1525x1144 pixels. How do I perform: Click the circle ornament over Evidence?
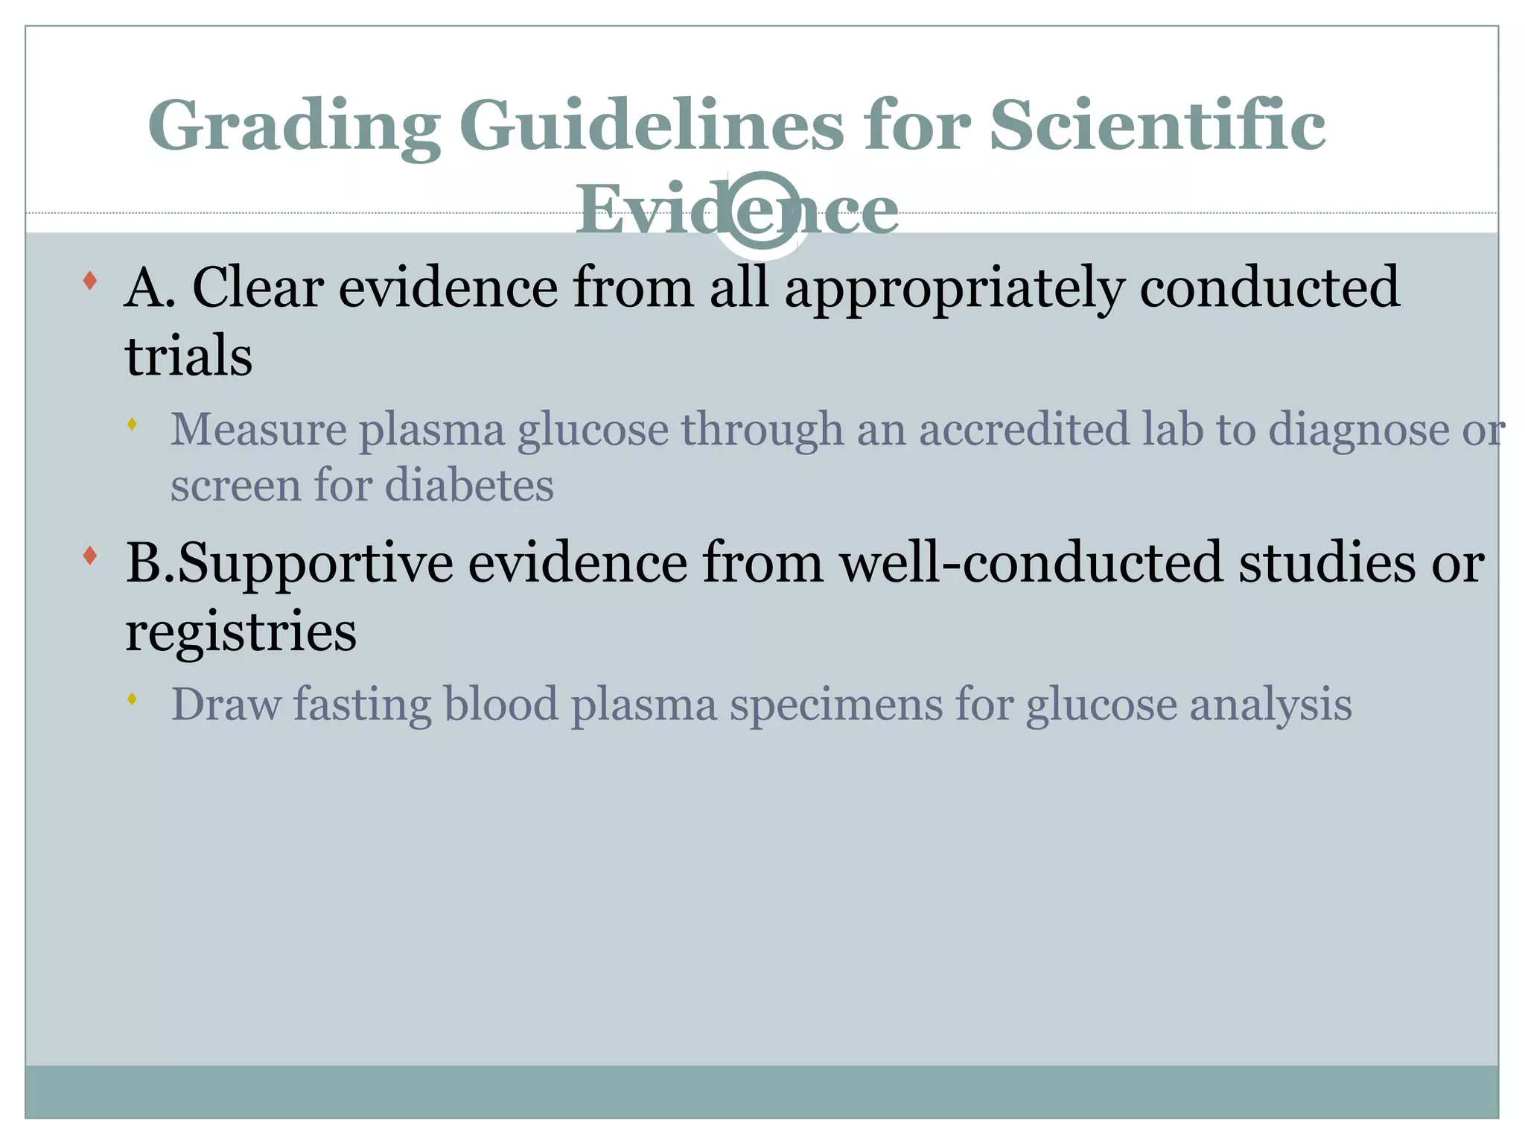[x=761, y=212]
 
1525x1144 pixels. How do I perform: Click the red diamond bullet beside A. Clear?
[x=90, y=281]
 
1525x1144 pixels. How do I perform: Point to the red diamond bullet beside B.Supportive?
[x=90, y=556]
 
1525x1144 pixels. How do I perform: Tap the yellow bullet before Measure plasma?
[x=133, y=425]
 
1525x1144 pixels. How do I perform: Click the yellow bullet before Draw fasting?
[x=133, y=699]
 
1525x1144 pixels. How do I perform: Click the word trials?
[x=188, y=356]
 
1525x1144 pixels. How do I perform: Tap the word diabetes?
[x=469, y=486]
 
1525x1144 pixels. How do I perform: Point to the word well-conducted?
[x=1031, y=562]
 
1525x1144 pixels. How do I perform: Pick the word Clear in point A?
[x=258, y=287]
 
